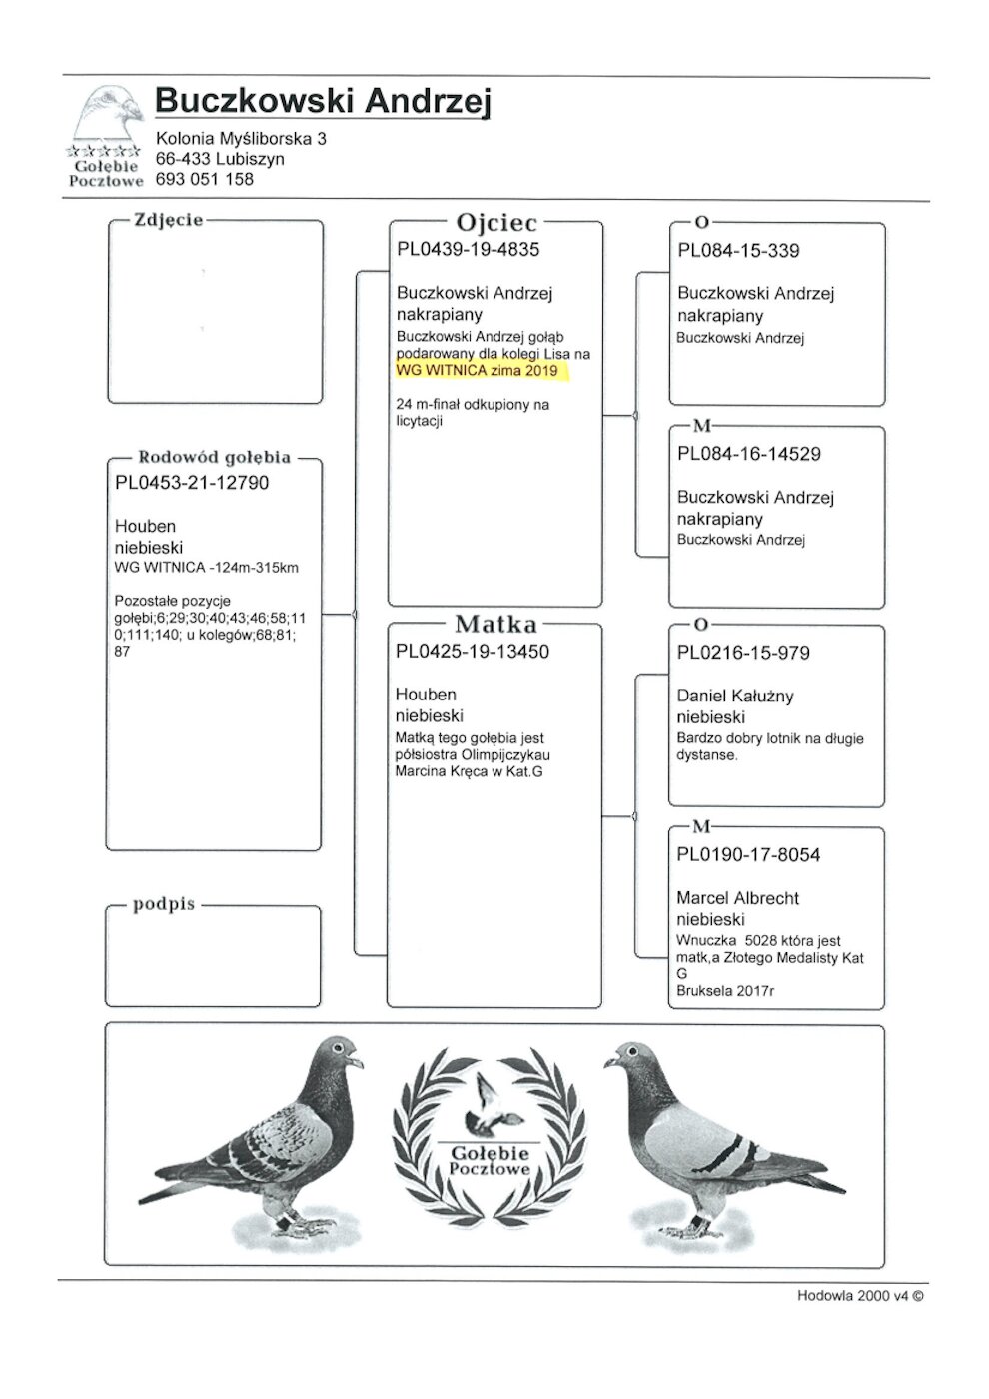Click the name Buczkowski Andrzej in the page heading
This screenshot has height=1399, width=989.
tap(323, 101)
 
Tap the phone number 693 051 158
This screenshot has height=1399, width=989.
tap(205, 180)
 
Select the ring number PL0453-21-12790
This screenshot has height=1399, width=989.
tap(192, 483)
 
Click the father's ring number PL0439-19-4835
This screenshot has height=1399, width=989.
tap(468, 250)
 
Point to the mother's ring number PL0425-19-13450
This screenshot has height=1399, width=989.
tap(473, 652)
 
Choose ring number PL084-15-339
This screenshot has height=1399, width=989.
tap(738, 251)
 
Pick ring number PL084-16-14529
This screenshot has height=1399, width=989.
tap(749, 454)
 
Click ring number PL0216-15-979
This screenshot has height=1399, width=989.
tap(743, 654)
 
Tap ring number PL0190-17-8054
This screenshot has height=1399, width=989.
tap(748, 855)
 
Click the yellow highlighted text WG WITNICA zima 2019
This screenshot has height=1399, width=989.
tap(482, 371)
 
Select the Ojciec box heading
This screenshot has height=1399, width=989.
tap(496, 223)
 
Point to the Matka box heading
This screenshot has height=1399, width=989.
tap(495, 625)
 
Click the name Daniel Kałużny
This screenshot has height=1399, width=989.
tap(734, 697)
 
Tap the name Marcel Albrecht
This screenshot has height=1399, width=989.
tap(737, 898)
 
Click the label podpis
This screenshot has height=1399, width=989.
tap(164, 905)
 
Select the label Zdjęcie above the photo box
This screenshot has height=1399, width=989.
tap(168, 220)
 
